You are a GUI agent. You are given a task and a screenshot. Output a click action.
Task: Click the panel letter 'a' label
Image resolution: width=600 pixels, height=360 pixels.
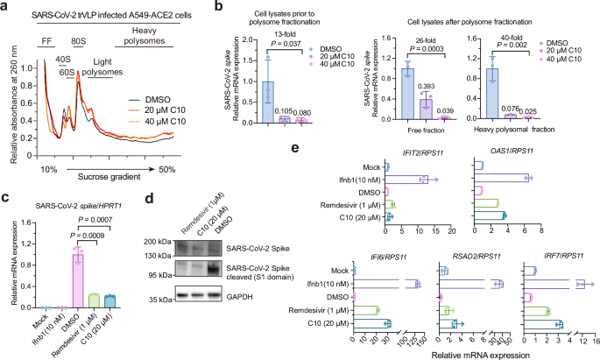pos(5,7)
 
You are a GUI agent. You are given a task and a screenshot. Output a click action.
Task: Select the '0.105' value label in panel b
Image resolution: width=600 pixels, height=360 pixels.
pos(283,111)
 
